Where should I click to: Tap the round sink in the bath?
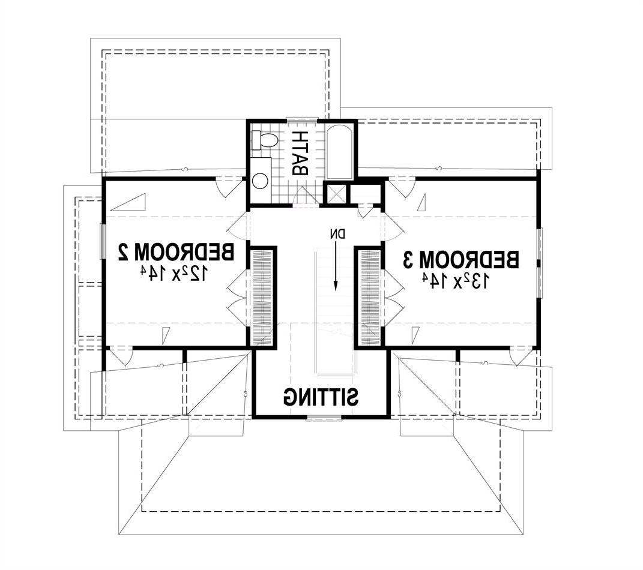click(x=260, y=181)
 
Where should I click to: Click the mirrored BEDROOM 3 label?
click(x=460, y=260)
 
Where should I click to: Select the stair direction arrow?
click(x=336, y=266)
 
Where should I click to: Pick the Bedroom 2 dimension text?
click(x=174, y=273)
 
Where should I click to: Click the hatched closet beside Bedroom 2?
click(x=261, y=298)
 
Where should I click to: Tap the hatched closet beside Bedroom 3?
click(x=370, y=298)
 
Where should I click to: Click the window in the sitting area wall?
click(x=324, y=418)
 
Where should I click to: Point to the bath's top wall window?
click(x=302, y=119)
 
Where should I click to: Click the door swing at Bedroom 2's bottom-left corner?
click(x=121, y=356)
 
